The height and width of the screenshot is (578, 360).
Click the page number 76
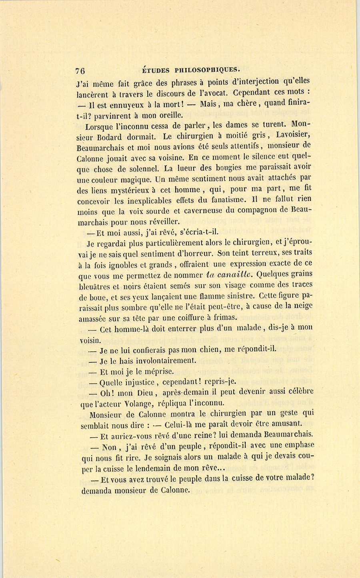[80, 71]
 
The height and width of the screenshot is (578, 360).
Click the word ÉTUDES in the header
[156, 70]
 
